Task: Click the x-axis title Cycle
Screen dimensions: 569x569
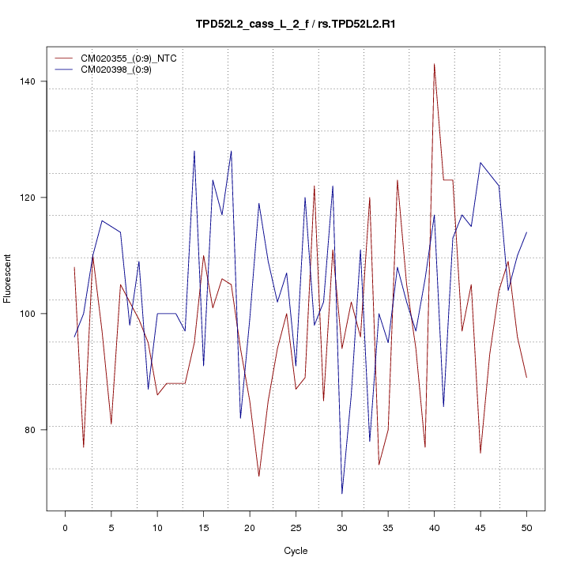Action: tap(296, 551)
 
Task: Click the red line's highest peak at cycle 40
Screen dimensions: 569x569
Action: tap(434, 64)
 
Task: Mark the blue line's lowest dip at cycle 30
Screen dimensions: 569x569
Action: tap(342, 494)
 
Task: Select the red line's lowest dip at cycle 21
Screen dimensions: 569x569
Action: tap(259, 477)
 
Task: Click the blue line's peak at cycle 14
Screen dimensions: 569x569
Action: tap(194, 151)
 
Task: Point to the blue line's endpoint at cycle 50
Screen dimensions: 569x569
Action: tap(526, 232)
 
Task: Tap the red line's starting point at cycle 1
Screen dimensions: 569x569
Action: tap(74, 267)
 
